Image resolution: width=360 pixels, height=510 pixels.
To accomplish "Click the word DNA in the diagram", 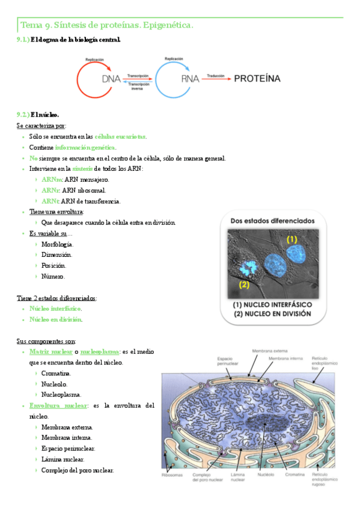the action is [111, 79].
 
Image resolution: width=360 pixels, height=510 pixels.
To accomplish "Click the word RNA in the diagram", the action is [191, 79].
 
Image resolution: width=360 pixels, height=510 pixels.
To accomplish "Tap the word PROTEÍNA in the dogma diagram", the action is [257, 78].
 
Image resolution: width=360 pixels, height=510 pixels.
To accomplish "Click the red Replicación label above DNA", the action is [94, 60].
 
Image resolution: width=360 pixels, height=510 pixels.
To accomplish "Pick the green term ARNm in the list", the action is [50, 180].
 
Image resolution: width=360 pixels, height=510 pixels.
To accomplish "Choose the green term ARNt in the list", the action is [50, 201].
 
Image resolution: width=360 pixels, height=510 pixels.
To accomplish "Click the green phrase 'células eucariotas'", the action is [120, 137].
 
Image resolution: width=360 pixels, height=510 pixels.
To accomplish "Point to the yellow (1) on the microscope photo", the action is [291, 239].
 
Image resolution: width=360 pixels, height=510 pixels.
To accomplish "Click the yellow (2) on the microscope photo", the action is [244, 284].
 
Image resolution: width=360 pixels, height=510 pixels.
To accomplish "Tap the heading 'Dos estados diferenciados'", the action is [273, 221].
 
